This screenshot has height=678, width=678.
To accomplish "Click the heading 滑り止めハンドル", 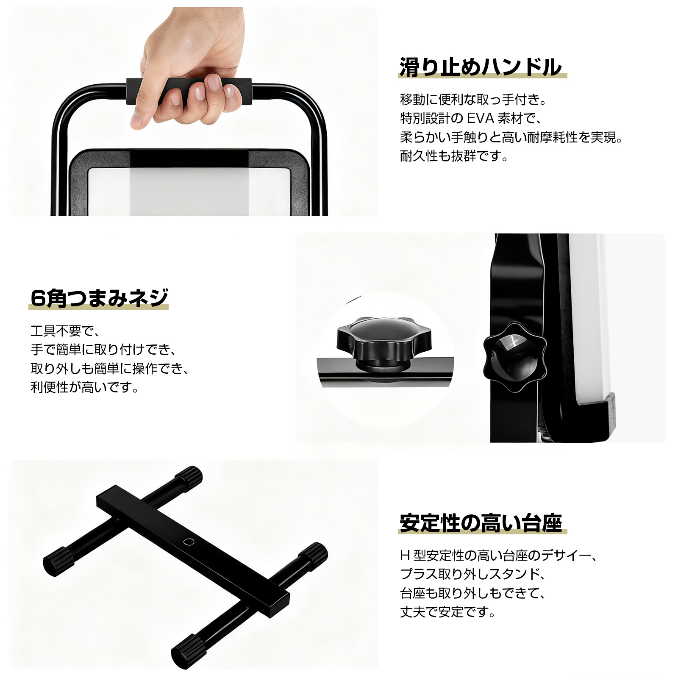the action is (481, 67).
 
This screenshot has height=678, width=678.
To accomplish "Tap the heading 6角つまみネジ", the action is (100, 297).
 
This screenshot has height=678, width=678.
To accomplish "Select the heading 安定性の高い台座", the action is (481, 523).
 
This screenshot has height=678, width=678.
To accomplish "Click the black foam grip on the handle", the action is (189, 91).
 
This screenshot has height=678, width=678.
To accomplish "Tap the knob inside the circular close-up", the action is (383, 341).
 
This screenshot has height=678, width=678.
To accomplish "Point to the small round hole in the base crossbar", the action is (189, 542).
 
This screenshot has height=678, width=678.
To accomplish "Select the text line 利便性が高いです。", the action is (85, 387).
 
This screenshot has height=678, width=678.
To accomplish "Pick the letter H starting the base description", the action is (405, 555).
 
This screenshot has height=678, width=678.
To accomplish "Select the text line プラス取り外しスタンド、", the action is (473, 574).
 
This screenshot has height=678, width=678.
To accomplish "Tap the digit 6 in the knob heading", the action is (38, 298).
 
